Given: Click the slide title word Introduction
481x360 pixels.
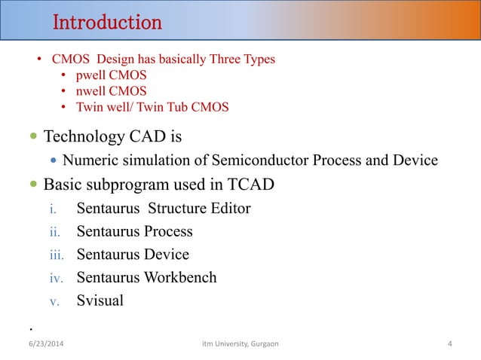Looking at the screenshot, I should pos(106,23).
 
